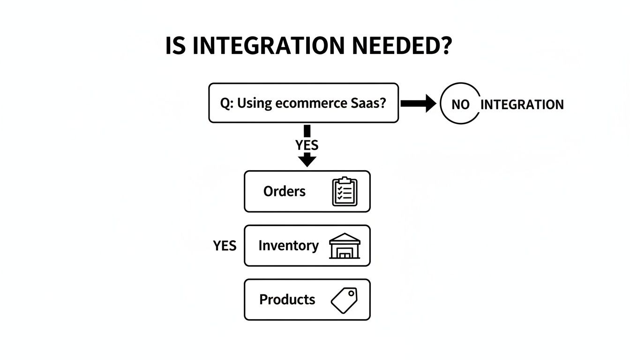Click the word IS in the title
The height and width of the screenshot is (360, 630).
coord(176,45)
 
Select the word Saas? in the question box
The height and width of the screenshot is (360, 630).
coord(370,103)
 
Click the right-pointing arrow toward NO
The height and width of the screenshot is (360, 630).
coord(418,104)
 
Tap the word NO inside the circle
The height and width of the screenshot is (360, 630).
coord(460,105)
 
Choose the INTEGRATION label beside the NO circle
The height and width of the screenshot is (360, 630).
coord(522,105)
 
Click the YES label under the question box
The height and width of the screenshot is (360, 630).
coord(307,145)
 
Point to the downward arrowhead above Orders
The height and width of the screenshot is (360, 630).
coord(307,160)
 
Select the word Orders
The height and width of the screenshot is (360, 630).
coord(284,191)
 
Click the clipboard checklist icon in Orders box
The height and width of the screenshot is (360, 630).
coord(345,191)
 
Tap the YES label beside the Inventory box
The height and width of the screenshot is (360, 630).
coord(225,246)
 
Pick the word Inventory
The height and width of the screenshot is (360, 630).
coord(288,246)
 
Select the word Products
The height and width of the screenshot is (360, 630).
coord(287,300)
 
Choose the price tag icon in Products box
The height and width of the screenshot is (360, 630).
coord(344,300)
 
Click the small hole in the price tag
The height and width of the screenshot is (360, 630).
coord(351,293)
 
